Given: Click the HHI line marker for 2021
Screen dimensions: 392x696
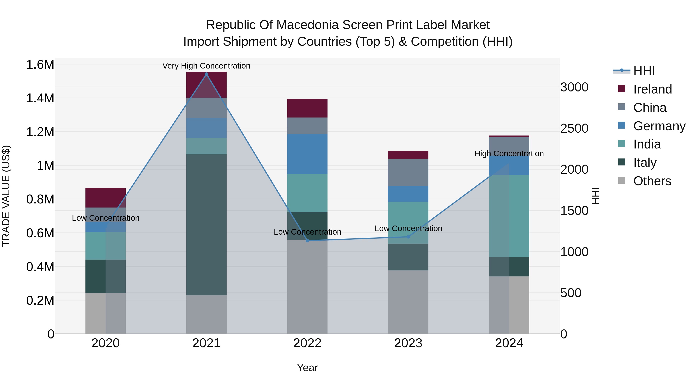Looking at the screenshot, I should (206, 74).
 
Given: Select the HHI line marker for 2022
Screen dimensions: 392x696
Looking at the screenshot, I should (307, 240).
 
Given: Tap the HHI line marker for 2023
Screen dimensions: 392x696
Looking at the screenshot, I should (408, 237).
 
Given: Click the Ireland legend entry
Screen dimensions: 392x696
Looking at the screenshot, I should (652, 89).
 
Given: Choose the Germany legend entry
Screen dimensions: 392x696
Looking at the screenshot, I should (659, 126).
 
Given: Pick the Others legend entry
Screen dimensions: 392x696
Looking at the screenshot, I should (652, 181).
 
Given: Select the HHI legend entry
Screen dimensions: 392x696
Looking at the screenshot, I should (644, 71).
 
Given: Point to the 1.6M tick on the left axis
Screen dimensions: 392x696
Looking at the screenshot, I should (40, 65).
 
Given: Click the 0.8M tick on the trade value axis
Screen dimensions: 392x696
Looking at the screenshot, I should (40, 199).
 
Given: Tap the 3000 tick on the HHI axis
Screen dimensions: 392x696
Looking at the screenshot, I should (574, 87).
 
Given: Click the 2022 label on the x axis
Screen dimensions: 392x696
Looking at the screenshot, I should (307, 343).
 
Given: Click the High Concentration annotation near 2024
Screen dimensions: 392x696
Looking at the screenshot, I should (509, 153).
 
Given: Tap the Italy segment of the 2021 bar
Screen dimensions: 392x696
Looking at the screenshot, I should (206, 225).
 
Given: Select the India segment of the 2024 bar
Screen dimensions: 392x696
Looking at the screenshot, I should (509, 216).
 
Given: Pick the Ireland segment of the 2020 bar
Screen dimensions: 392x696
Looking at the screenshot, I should (105, 198).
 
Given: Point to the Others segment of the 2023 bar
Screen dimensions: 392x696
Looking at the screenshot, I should (408, 302).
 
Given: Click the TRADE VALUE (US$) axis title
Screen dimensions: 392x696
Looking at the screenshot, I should (6, 196).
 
